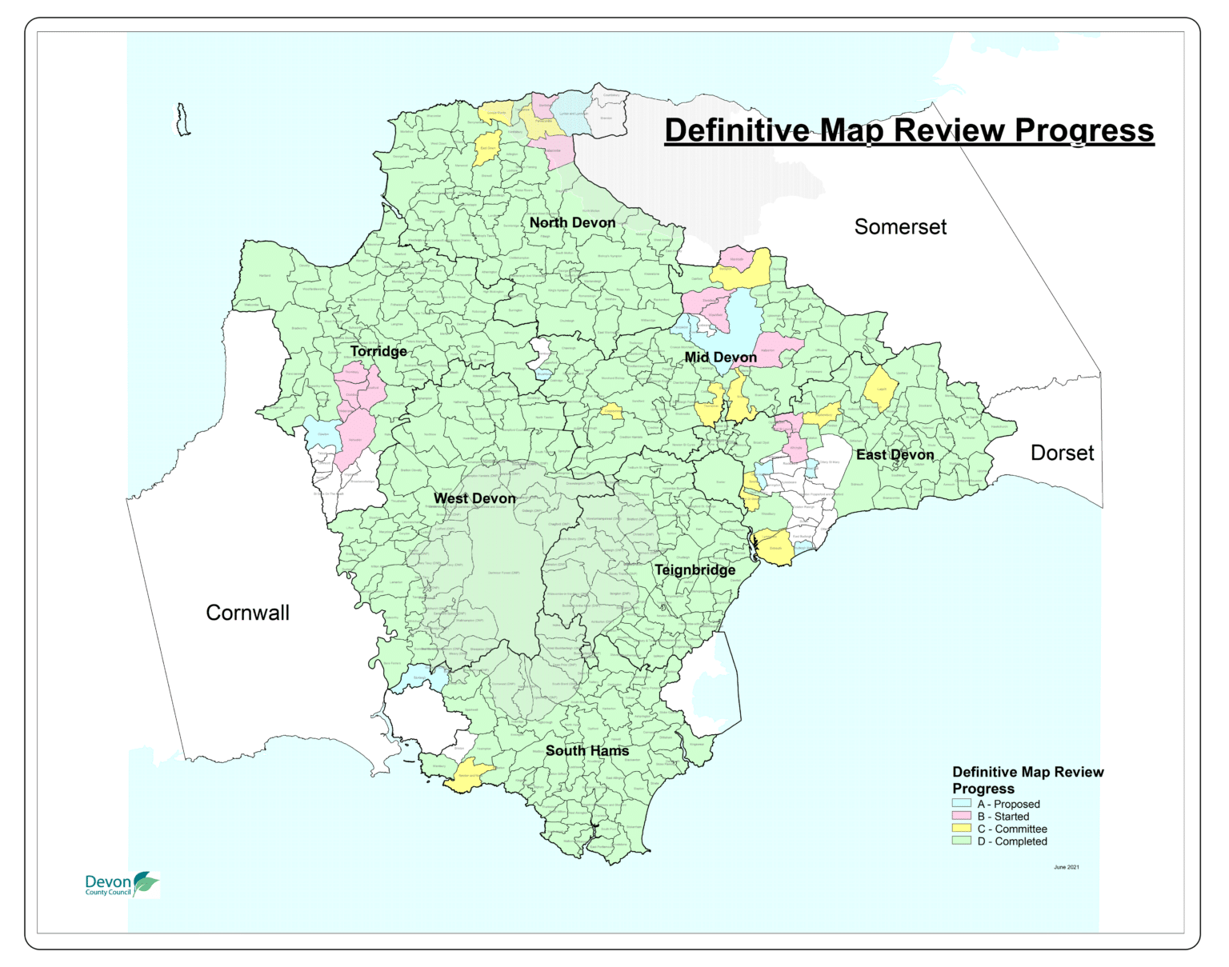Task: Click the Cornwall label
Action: (x=247, y=613)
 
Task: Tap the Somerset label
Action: (x=900, y=227)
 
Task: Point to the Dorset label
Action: (x=1062, y=454)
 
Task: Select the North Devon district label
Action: (x=572, y=222)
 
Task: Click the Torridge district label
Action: (x=378, y=351)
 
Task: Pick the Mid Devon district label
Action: (x=720, y=358)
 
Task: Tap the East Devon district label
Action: (x=895, y=454)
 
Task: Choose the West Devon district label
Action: (x=474, y=498)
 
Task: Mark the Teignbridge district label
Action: (x=695, y=569)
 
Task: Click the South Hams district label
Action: (x=587, y=750)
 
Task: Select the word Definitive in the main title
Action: (x=736, y=130)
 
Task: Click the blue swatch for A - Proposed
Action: (x=961, y=804)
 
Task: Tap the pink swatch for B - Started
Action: (x=961, y=816)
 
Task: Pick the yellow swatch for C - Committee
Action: (x=961, y=829)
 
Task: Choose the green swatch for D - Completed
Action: (x=961, y=841)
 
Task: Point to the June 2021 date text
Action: (x=1066, y=867)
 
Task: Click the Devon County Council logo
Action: (x=122, y=885)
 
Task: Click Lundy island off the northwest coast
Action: (x=183, y=120)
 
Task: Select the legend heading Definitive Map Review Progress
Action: (x=1027, y=780)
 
